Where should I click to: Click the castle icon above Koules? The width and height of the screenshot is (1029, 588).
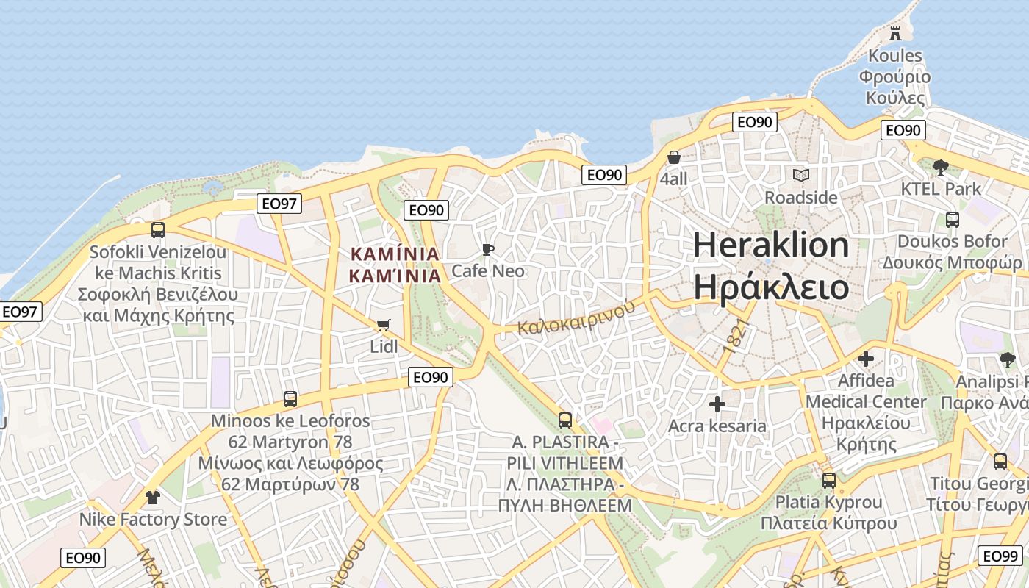894,33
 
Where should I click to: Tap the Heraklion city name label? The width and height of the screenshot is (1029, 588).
771,266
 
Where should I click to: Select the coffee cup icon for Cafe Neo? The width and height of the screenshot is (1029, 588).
487,250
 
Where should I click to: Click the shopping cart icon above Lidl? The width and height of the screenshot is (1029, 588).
383,325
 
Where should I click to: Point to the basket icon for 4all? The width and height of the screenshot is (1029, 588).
674,157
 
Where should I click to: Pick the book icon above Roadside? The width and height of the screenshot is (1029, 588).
800,176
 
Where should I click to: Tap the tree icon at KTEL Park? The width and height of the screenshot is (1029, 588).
940,168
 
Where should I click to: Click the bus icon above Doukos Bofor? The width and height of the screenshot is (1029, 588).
952,219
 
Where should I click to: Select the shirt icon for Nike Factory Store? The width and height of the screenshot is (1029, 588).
152,498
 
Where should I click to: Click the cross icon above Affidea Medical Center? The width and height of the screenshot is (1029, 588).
866,359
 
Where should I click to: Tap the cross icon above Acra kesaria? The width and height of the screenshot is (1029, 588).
717,404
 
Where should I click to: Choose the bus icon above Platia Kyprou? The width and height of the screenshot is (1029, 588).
829,481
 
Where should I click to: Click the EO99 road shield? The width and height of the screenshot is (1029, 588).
1001,556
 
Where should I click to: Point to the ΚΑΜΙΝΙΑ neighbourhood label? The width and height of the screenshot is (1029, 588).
395,265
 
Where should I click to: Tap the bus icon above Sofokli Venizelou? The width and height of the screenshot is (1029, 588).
157,230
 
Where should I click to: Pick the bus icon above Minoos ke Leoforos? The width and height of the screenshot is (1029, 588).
290,399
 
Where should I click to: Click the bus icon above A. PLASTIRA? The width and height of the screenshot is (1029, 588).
564,420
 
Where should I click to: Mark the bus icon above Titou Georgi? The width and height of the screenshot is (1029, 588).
1000,462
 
